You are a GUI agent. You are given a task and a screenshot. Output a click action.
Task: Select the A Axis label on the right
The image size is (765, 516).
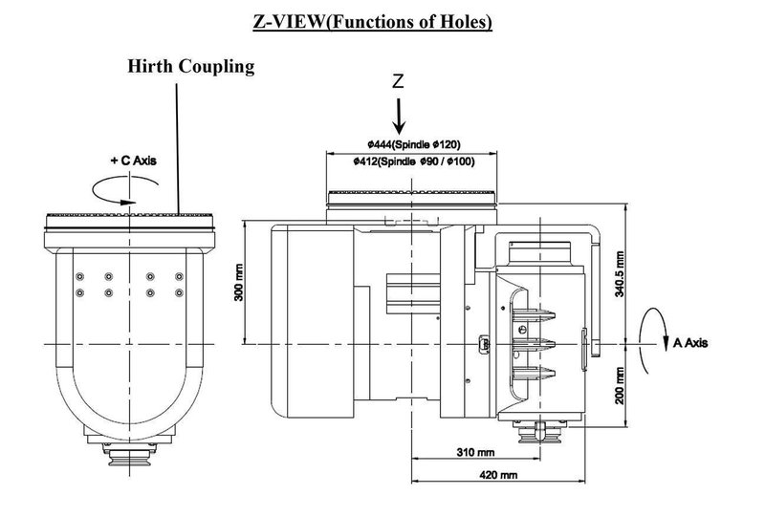[x=689, y=342]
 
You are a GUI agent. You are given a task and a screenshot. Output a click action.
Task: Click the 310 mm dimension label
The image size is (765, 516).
[x=470, y=450]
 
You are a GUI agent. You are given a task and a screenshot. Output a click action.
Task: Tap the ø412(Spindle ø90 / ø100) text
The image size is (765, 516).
[x=413, y=161]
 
